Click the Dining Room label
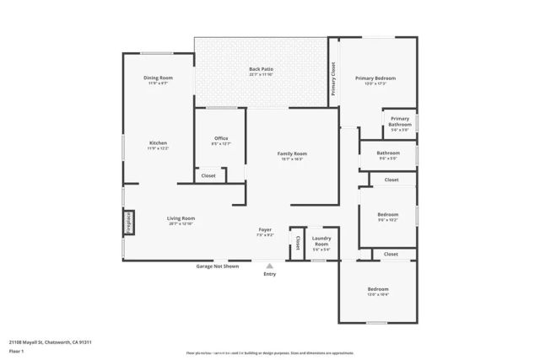click(158, 78)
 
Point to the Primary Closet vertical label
click(333, 78)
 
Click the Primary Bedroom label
click(375, 78)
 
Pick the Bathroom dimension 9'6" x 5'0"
click(387, 159)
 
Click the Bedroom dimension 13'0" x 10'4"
click(378, 294)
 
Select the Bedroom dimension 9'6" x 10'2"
click(387, 220)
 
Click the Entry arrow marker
click(269, 266)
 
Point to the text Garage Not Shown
click(218, 266)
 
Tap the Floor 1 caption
click(17, 352)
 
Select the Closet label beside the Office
click(208, 175)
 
